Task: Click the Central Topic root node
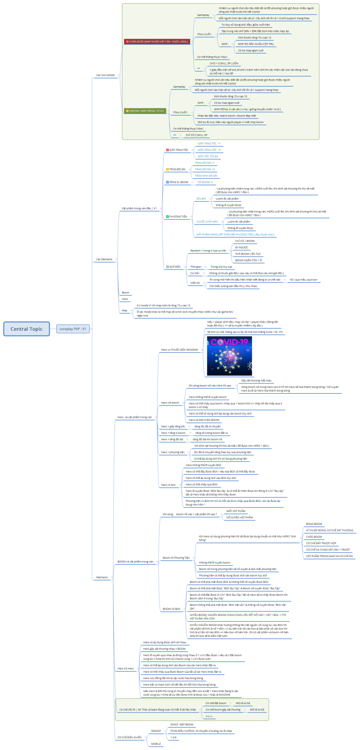[27, 329]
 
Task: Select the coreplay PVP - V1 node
[73, 329]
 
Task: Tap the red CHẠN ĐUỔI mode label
[157, 41]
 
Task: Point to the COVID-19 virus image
[229, 356]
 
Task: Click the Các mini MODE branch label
[106, 75]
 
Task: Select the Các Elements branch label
[104, 259]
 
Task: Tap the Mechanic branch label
[102, 577]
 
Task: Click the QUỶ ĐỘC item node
[175, 267]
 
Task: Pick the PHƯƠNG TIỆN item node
[178, 217]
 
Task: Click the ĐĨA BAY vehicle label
[201, 199]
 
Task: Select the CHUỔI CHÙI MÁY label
[207, 222]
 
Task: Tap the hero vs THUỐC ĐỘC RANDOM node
[180, 350]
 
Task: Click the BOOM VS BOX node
[172, 609]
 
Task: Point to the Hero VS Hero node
[126, 668]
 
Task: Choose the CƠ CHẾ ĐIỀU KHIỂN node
[130, 737]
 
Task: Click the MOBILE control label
[156, 744]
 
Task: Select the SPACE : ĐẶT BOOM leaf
[182, 724]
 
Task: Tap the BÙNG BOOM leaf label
[314, 524]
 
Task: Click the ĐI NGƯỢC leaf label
[242, 247]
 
